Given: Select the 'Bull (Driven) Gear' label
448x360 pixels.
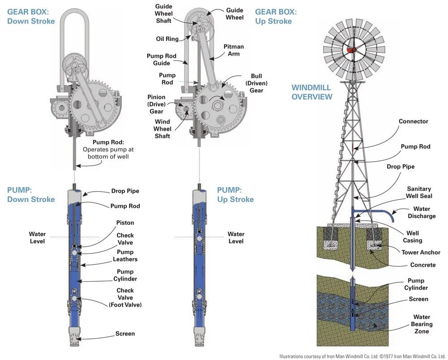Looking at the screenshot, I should pyautogui.click(x=257, y=83).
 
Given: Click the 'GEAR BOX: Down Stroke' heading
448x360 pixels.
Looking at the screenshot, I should pyautogui.click(x=31, y=17).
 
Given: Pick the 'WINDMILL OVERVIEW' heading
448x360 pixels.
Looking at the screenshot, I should pyautogui.click(x=312, y=92).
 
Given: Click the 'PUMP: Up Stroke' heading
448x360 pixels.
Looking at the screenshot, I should pyautogui.click(x=235, y=194).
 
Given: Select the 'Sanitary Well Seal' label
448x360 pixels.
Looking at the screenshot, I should pyautogui.click(x=419, y=192).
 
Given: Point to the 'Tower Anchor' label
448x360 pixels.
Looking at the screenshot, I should pyautogui.click(x=421, y=252).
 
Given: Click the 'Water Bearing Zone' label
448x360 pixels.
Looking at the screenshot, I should pyautogui.click(x=422, y=324).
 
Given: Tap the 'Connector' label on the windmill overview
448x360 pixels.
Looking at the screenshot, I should pyautogui.click(x=413, y=121).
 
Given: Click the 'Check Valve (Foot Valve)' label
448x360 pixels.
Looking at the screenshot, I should pyautogui.click(x=125, y=298).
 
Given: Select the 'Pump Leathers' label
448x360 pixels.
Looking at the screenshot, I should pyautogui.click(x=125, y=255).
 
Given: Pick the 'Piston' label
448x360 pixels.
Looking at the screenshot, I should pyautogui.click(x=125, y=223).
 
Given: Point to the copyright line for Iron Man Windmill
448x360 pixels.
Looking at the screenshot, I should pyautogui.click(x=363, y=356).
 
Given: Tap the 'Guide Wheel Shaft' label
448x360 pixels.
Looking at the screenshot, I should pyautogui.click(x=164, y=14).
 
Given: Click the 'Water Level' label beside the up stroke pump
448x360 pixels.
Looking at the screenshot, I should pyautogui.click(x=236, y=237).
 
